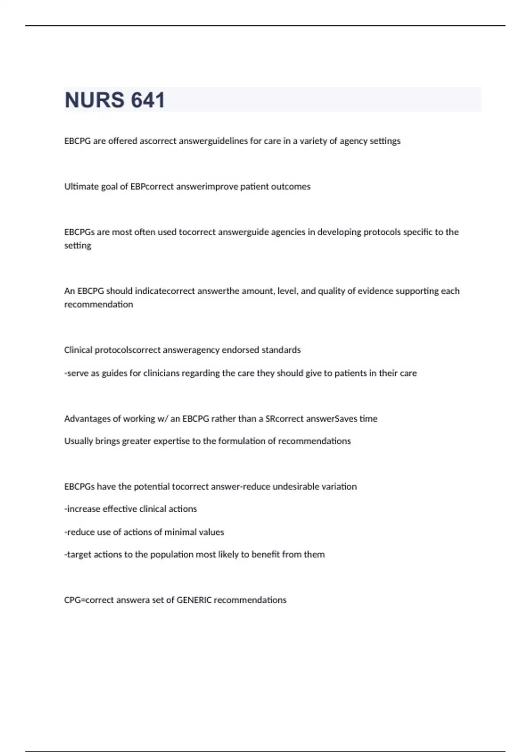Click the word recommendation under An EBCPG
tap(99, 304)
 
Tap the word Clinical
tap(78, 350)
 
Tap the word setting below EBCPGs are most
tap(78, 246)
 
